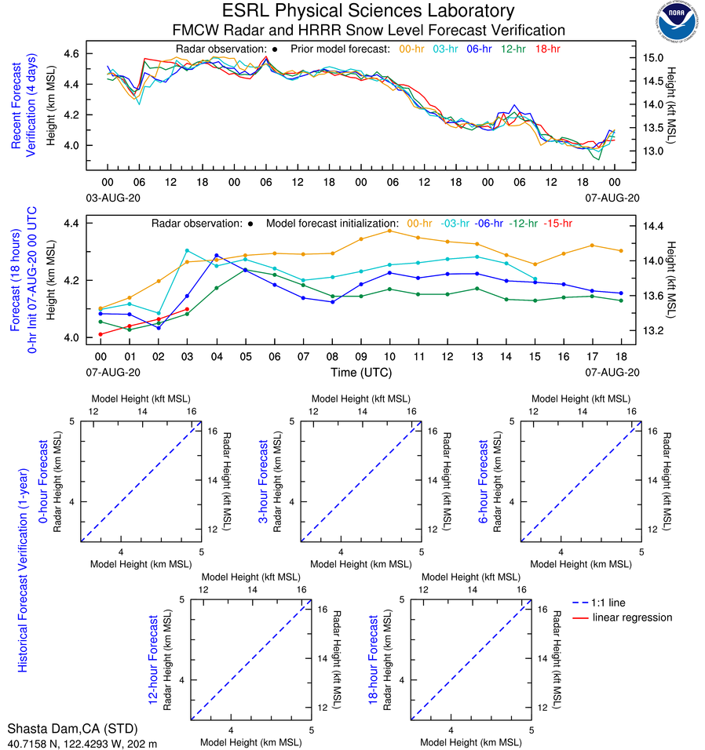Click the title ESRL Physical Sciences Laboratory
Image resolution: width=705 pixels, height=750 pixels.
click(x=369, y=11)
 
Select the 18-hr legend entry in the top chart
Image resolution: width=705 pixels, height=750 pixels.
click(x=546, y=49)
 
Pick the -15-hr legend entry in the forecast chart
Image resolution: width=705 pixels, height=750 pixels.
click(x=558, y=224)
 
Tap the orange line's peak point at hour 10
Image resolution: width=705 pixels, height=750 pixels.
click(x=390, y=231)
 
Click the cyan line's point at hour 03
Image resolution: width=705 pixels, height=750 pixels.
click(x=187, y=250)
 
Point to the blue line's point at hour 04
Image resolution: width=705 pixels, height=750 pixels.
click(x=217, y=256)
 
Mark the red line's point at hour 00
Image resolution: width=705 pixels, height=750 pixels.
click(x=100, y=334)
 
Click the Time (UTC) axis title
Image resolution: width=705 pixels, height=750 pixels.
click(x=360, y=372)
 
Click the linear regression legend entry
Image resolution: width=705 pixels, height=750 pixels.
click(x=632, y=617)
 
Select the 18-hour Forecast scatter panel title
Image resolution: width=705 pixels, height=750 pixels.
click(x=374, y=659)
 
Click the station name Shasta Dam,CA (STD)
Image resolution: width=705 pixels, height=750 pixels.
click(x=71, y=728)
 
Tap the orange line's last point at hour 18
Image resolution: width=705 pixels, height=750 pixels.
click(x=622, y=251)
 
